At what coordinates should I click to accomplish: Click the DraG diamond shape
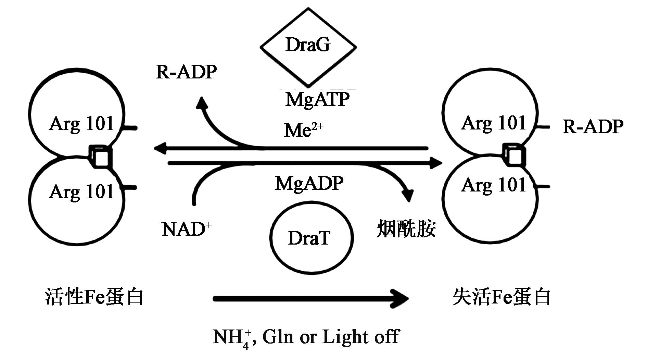point(308,46)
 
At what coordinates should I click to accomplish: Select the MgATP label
point(317,99)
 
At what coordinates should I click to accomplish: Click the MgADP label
point(309,183)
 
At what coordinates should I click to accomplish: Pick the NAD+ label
point(186,229)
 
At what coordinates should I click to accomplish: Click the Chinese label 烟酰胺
point(406,228)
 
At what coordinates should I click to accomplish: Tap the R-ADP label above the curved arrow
point(186,72)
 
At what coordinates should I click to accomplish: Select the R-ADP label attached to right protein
point(593,126)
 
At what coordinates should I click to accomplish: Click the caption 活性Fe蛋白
point(94,297)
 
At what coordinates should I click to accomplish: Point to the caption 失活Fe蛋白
point(501,297)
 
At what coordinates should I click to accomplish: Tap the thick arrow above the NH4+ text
point(310,299)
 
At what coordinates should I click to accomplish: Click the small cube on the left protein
point(101,156)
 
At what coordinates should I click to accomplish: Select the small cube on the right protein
point(515,155)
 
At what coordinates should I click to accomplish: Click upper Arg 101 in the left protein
point(81,124)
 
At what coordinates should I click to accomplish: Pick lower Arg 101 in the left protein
point(81,191)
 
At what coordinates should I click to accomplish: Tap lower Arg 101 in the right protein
point(493,185)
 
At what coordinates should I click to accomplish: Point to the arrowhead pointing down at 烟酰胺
point(407,196)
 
